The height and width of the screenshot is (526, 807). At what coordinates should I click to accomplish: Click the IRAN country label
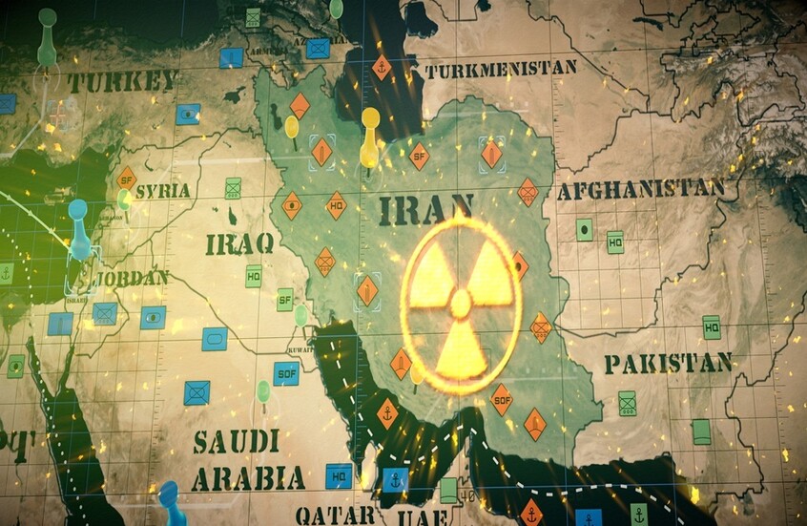click(x=425, y=208)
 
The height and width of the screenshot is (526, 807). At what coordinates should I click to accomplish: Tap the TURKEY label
click(x=121, y=82)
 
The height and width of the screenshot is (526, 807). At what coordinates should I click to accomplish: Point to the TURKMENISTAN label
click(x=501, y=70)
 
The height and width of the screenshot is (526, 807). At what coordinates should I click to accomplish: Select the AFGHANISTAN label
click(x=640, y=190)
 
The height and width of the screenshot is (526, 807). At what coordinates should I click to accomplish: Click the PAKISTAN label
click(x=668, y=363)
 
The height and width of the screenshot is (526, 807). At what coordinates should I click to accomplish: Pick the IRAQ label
click(x=239, y=242)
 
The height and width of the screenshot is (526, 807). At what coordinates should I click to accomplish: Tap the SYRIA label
click(x=162, y=191)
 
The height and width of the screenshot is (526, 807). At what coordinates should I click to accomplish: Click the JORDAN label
click(x=132, y=279)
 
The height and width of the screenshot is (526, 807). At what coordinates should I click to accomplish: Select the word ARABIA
click(x=248, y=477)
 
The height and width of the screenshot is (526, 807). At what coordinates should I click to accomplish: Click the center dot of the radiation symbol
click(x=461, y=304)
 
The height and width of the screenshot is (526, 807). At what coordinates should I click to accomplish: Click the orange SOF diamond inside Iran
click(x=501, y=399)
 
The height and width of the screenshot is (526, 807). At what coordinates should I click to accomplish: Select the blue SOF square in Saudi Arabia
click(x=286, y=373)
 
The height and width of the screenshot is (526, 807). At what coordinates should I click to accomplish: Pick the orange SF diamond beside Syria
click(x=126, y=179)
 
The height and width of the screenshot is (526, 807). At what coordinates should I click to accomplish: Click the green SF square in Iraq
click(x=284, y=300)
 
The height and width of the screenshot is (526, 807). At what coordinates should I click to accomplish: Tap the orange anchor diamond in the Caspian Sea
click(x=382, y=68)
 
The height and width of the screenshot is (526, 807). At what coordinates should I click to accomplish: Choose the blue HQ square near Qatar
click(x=339, y=475)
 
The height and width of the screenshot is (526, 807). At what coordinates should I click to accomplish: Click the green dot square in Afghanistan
click(x=584, y=229)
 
